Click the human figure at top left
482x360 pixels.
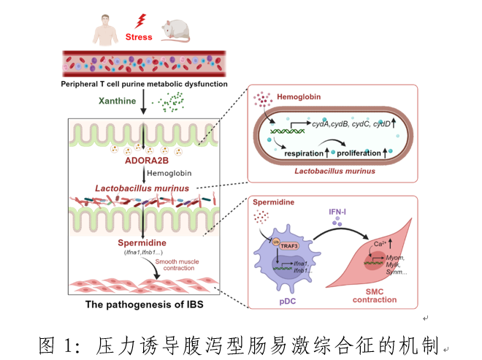point(107,28)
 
